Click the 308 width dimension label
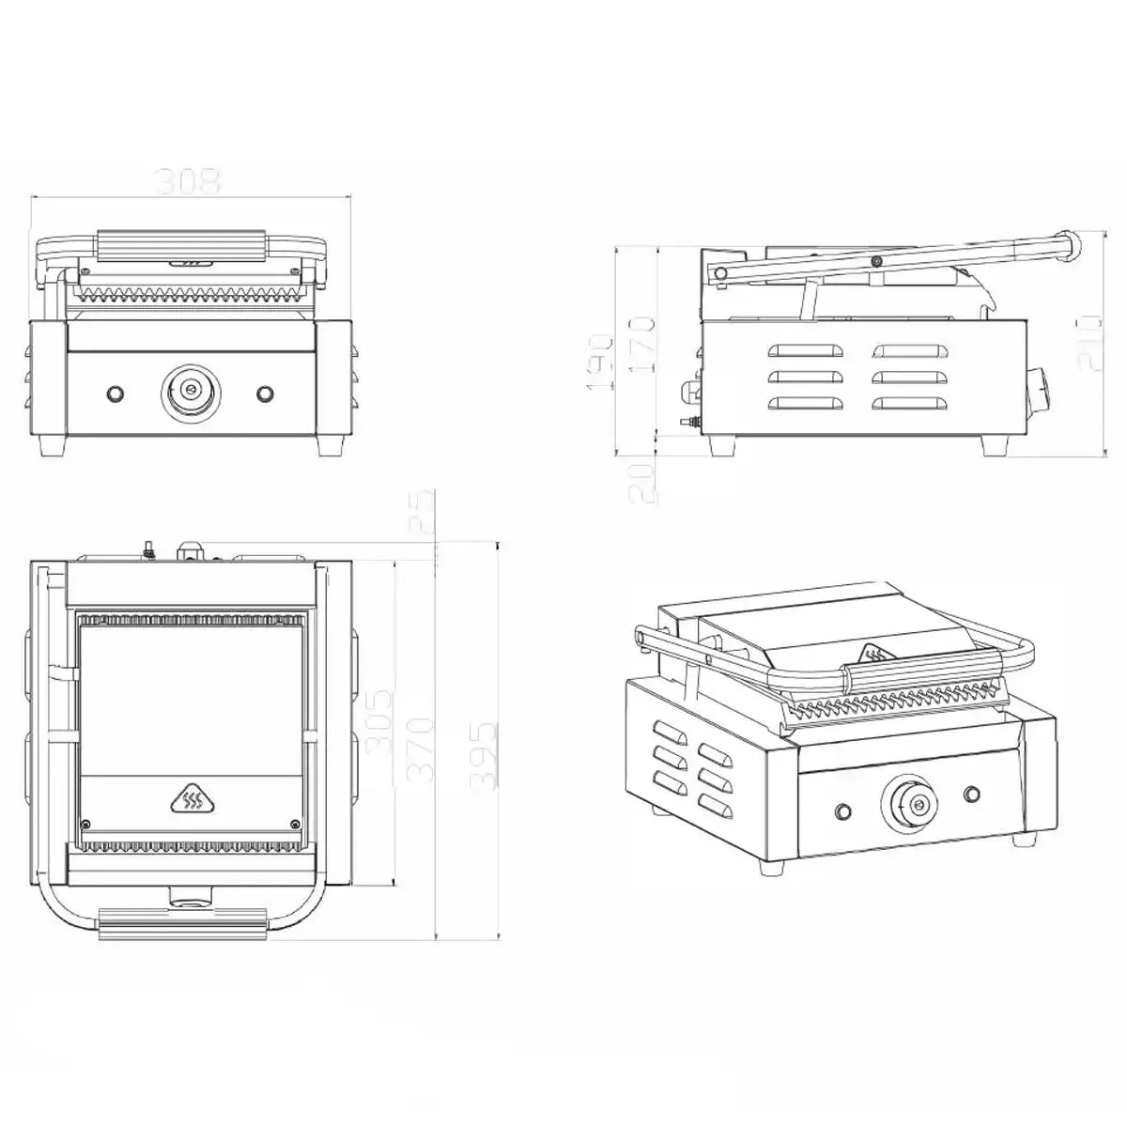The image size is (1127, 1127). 188,180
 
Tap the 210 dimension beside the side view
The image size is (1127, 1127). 1089,343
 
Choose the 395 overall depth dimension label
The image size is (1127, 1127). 485,755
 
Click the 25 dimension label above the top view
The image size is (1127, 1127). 428,512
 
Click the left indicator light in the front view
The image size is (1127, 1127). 116,392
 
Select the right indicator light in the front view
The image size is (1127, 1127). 265,392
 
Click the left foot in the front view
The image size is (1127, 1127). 53,443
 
